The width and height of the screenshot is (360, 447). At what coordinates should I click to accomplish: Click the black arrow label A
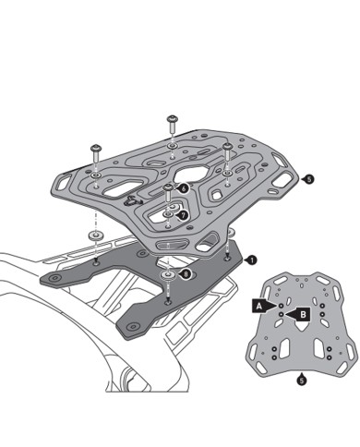click(261, 302)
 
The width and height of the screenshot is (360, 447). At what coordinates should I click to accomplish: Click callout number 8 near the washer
click(187, 273)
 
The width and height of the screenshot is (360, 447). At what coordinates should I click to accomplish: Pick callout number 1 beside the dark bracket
click(251, 261)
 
